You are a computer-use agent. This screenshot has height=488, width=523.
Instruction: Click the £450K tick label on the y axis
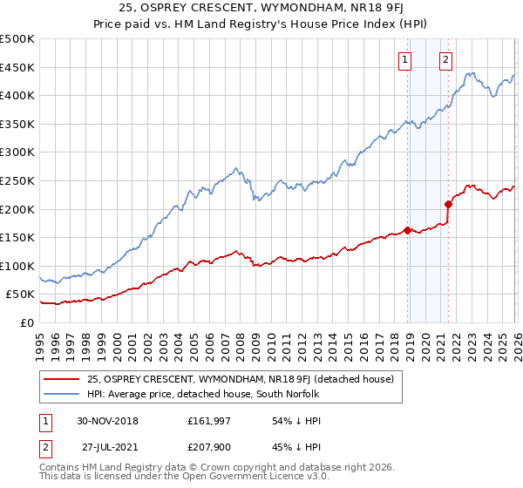(17, 67)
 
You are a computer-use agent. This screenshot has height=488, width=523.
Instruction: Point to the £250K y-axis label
(17, 180)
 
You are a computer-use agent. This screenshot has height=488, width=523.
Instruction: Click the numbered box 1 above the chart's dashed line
(406, 60)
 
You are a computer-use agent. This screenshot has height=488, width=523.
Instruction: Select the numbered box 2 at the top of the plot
(445, 60)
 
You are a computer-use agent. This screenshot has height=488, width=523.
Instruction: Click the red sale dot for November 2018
(407, 231)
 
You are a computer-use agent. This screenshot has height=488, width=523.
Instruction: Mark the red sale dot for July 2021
(448, 205)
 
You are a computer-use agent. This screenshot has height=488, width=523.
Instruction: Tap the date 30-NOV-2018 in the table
(107, 422)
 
